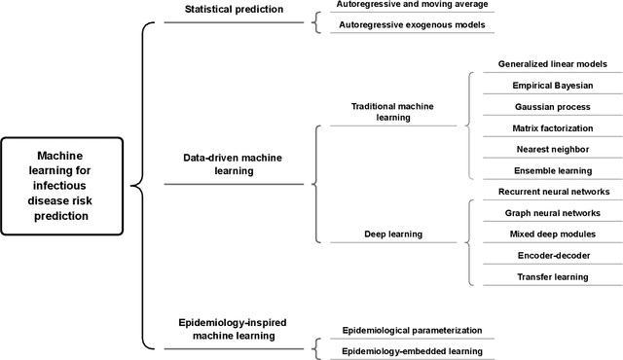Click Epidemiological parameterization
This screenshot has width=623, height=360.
click(413, 331)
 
